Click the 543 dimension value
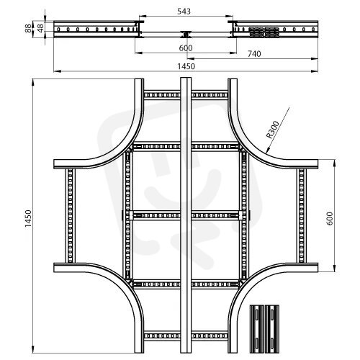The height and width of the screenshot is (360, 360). tap(184, 11)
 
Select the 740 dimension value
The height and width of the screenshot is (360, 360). tap(254, 54)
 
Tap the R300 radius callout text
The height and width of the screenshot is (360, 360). tap(273, 130)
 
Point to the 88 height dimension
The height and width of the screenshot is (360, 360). tap(28, 28)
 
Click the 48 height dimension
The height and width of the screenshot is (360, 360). tap(40, 28)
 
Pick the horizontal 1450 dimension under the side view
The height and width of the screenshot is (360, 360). tap(186, 66)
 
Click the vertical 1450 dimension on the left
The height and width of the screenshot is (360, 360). tap(28, 219)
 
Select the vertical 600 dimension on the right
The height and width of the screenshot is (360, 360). tap(330, 218)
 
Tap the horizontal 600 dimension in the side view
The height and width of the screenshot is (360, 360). tap(186, 48)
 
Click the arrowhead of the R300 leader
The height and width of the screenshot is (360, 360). tap(267, 151)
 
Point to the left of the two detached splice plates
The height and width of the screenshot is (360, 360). tap(257, 329)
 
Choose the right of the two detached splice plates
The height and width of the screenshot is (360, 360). tap(272, 329)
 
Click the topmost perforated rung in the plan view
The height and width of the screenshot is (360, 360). tap(186, 95)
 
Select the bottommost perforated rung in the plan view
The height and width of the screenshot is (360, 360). tap(186, 336)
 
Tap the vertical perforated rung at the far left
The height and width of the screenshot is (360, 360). tap(70, 216)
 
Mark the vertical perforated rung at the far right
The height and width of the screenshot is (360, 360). tap(302, 216)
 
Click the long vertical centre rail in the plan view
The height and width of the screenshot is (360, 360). tap(186, 215)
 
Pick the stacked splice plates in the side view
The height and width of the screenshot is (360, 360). tap(264, 32)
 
